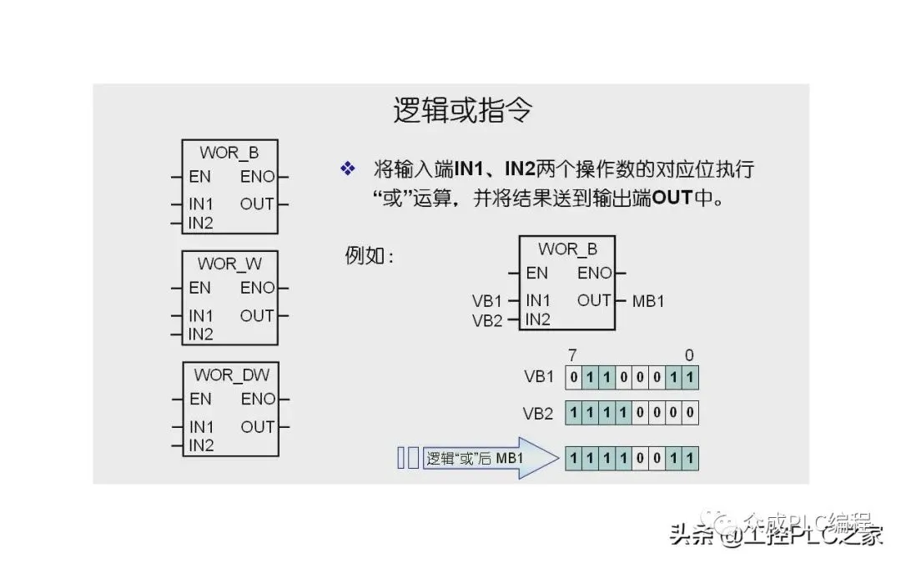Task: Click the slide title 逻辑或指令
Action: (461, 110)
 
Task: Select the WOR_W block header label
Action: (229, 264)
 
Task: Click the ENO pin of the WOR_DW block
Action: (258, 400)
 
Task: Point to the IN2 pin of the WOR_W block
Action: (200, 334)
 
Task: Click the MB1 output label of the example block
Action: (648, 301)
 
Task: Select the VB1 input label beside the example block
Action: (487, 301)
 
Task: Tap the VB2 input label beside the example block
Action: (487, 320)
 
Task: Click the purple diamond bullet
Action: (347, 169)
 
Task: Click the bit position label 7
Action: (572, 355)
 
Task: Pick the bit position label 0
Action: (689, 355)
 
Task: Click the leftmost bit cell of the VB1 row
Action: (573, 377)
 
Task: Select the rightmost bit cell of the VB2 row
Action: (690, 413)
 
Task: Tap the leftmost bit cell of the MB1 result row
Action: (573, 458)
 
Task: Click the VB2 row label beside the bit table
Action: (538, 413)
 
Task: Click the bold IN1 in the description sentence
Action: (471, 170)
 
